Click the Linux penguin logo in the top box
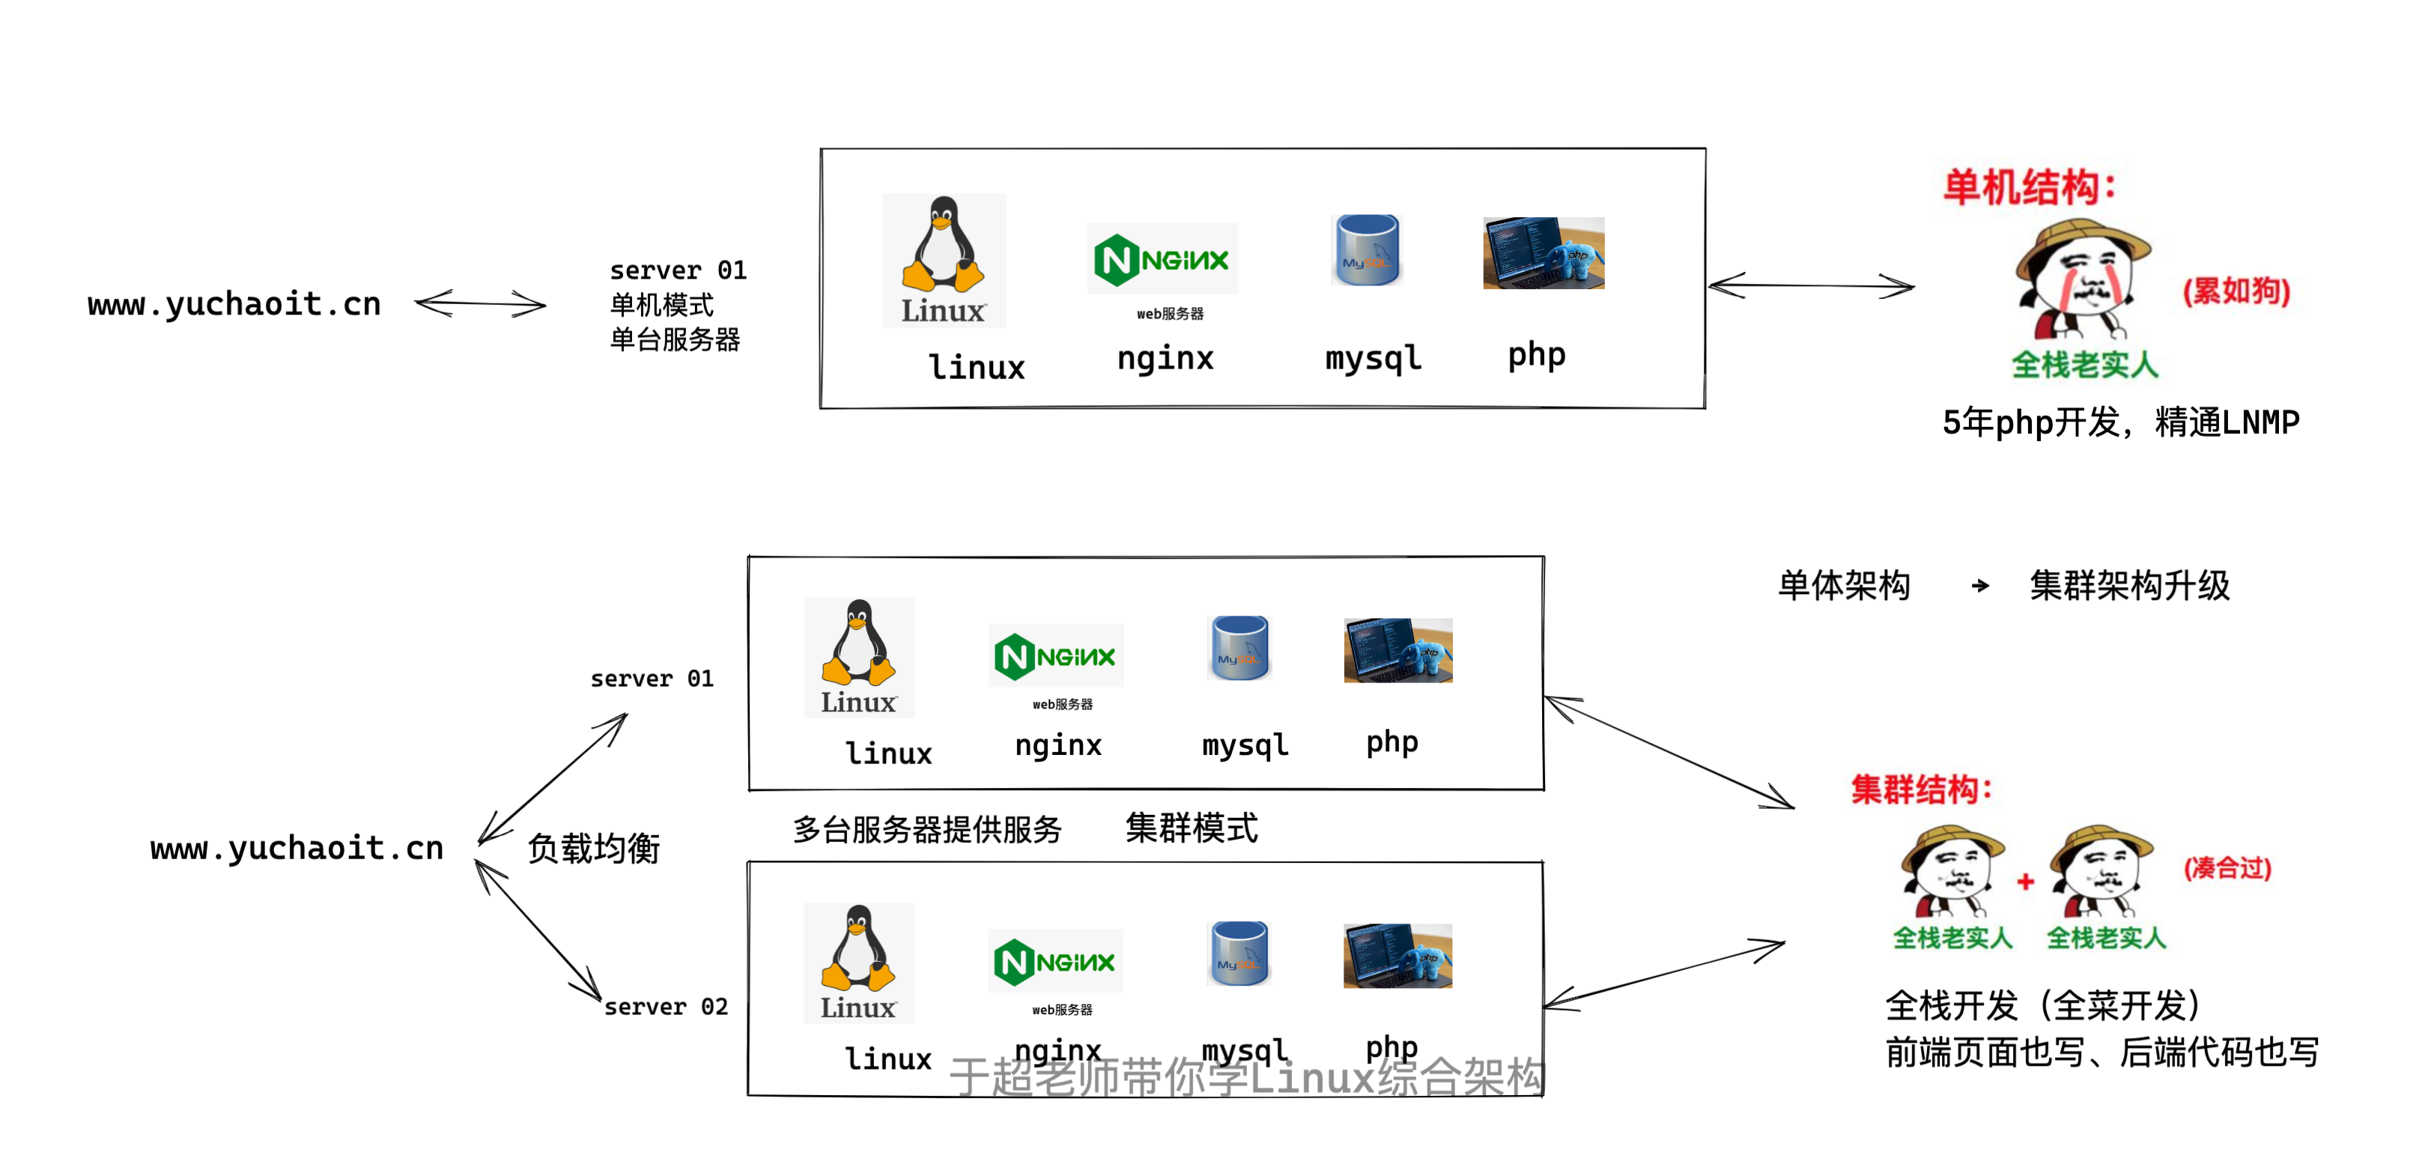(x=943, y=260)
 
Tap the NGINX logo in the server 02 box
(x=1054, y=961)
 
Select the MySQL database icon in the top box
(x=1368, y=249)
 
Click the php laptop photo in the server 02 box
(x=1397, y=956)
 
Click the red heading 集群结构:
(x=1921, y=788)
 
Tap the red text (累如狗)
(x=2236, y=290)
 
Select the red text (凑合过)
(x=2227, y=867)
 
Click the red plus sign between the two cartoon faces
(x=2025, y=882)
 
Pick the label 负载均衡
(x=593, y=848)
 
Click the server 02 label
(x=666, y=1007)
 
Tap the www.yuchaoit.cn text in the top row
(x=234, y=304)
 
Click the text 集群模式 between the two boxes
(x=1192, y=828)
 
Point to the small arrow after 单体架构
(x=1980, y=586)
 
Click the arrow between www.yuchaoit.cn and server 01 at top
(x=480, y=303)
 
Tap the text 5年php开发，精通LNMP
(x=2120, y=422)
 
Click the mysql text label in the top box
(x=1373, y=358)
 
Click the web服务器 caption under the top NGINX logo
(x=1170, y=314)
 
